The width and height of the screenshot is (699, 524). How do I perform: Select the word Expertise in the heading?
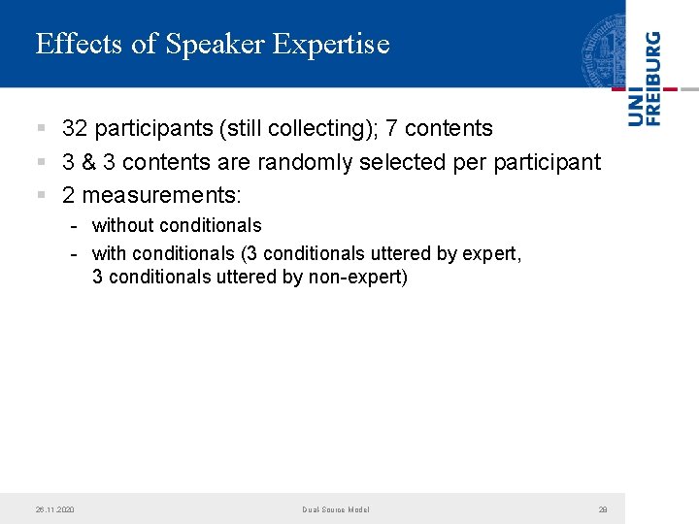(331, 45)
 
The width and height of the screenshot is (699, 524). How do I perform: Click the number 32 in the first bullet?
(75, 129)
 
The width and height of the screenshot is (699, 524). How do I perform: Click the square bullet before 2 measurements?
(41, 196)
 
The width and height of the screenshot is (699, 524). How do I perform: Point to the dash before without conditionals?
(74, 226)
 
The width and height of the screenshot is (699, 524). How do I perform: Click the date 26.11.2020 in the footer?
(54, 509)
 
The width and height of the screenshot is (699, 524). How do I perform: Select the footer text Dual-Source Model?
(335, 509)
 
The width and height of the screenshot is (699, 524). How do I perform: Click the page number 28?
(603, 509)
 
